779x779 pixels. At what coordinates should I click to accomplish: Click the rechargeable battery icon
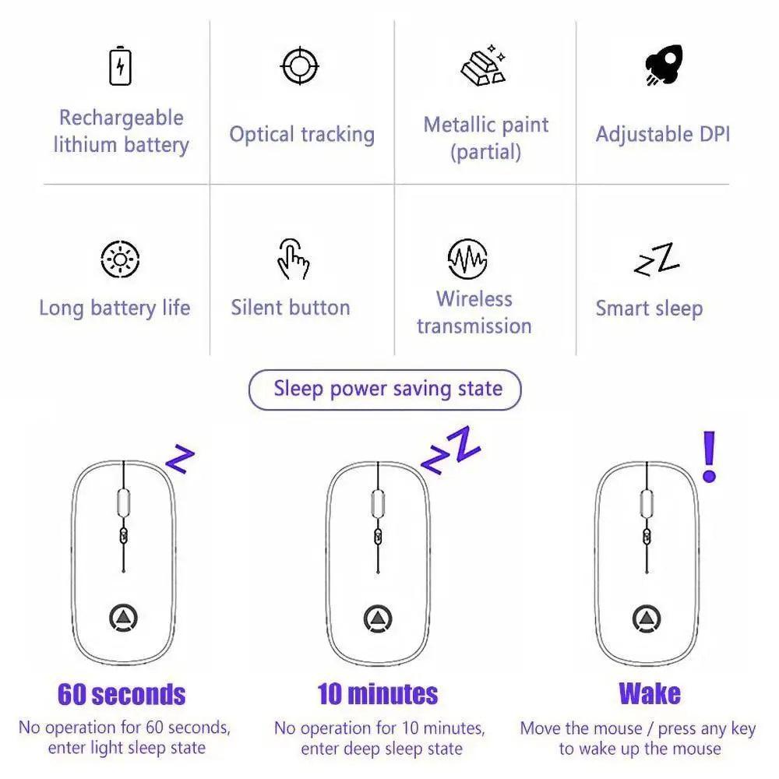pyautogui.click(x=120, y=66)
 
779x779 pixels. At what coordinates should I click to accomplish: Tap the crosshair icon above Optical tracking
pyautogui.click(x=300, y=66)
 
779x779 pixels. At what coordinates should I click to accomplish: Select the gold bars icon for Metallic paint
pyautogui.click(x=484, y=65)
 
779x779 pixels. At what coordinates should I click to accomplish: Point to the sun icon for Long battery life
pyautogui.click(x=120, y=259)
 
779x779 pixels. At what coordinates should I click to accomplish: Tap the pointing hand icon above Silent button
pyautogui.click(x=293, y=259)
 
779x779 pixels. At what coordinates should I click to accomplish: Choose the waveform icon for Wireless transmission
pyautogui.click(x=467, y=259)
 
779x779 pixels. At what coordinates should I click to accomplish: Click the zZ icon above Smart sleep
pyautogui.click(x=657, y=259)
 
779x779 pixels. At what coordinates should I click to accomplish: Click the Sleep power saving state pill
pyautogui.click(x=385, y=389)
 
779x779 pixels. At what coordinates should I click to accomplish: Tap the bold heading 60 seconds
pyautogui.click(x=122, y=694)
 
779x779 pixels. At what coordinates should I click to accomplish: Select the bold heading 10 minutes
pyautogui.click(x=378, y=694)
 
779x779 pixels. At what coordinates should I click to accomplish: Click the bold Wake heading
pyautogui.click(x=650, y=693)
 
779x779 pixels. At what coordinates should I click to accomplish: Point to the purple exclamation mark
pyautogui.click(x=709, y=456)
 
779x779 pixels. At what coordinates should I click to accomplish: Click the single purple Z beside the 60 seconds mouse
pyautogui.click(x=180, y=459)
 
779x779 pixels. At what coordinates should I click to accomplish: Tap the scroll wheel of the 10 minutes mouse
pyautogui.click(x=378, y=502)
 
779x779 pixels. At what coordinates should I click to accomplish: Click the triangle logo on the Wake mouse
pyautogui.click(x=647, y=619)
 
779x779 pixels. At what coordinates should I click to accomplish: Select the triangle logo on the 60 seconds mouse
pyautogui.click(x=123, y=618)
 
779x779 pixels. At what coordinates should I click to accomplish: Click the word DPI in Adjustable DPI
pyautogui.click(x=714, y=134)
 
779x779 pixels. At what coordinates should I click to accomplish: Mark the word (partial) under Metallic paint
pyautogui.click(x=486, y=152)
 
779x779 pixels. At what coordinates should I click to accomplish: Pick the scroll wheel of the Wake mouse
pyautogui.click(x=647, y=502)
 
